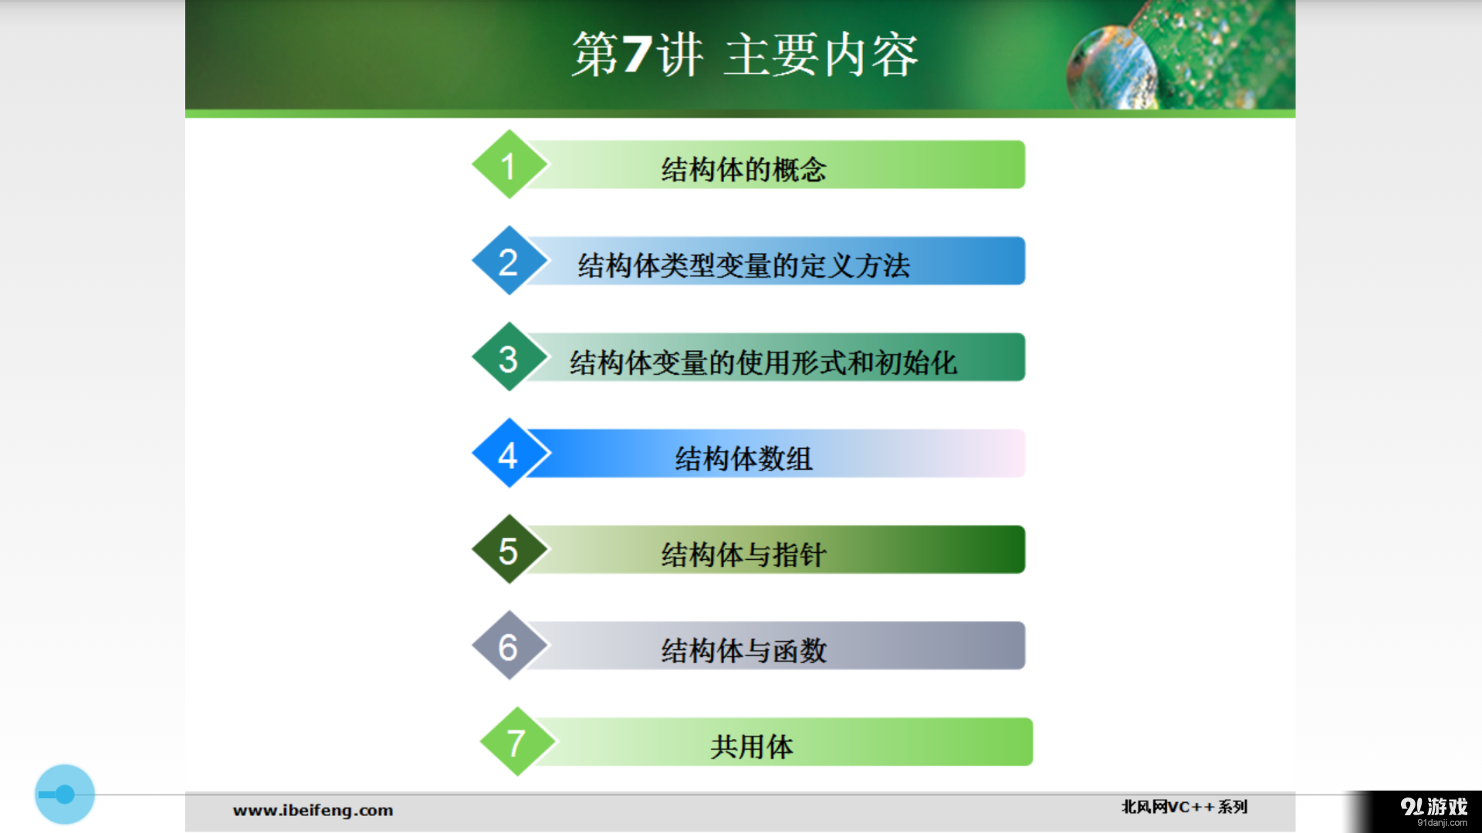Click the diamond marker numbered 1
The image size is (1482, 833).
coord(509,165)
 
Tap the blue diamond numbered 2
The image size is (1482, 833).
coord(509,261)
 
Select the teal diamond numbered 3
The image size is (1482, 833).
coord(509,358)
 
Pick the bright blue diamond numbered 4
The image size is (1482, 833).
coord(509,454)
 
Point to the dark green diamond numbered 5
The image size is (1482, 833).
coord(509,550)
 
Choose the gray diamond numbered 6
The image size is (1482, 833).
coord(509,646)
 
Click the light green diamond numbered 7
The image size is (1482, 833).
coord(516,743)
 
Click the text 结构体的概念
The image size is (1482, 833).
coord(744,170)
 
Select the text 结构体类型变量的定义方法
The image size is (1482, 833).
coord(744,266)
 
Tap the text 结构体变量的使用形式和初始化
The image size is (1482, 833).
coord(763,363)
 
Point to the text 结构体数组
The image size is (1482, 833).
coord(744,459)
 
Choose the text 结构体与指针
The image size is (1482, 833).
coord(744,555)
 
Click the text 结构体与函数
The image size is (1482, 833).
coord(744,651)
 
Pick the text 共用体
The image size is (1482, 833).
coord(752,747)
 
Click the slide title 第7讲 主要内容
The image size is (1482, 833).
coord(744,55)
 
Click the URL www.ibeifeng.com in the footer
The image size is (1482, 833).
coord(313,811)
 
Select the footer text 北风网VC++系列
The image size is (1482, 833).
coord(1184,807)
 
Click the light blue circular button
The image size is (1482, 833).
coord(65,794)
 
